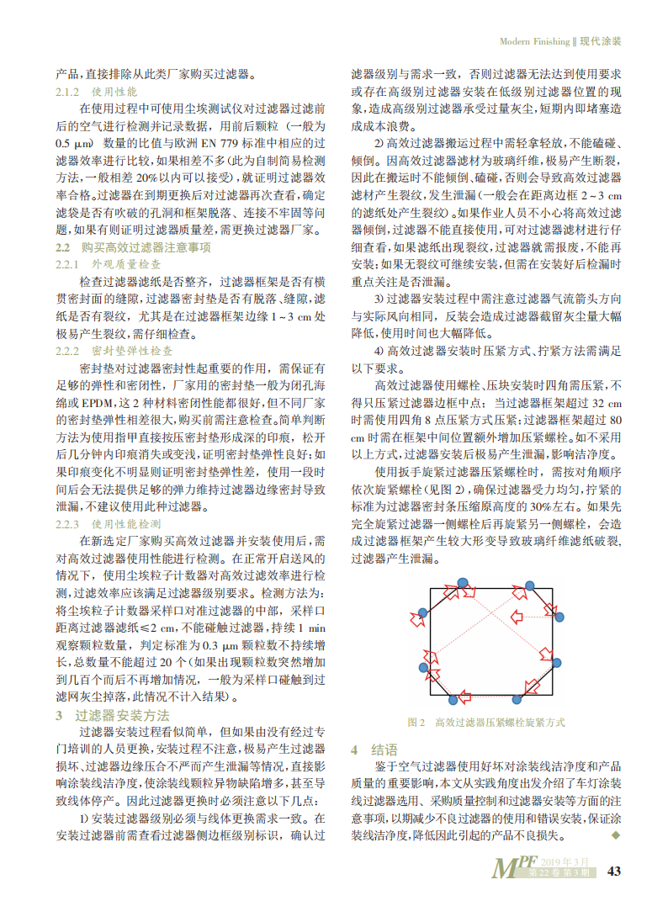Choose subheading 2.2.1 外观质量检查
tap(109, 264)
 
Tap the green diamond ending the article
tap(614, 834)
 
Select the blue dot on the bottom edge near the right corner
tap(517, 698)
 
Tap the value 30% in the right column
tap(516, 507)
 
